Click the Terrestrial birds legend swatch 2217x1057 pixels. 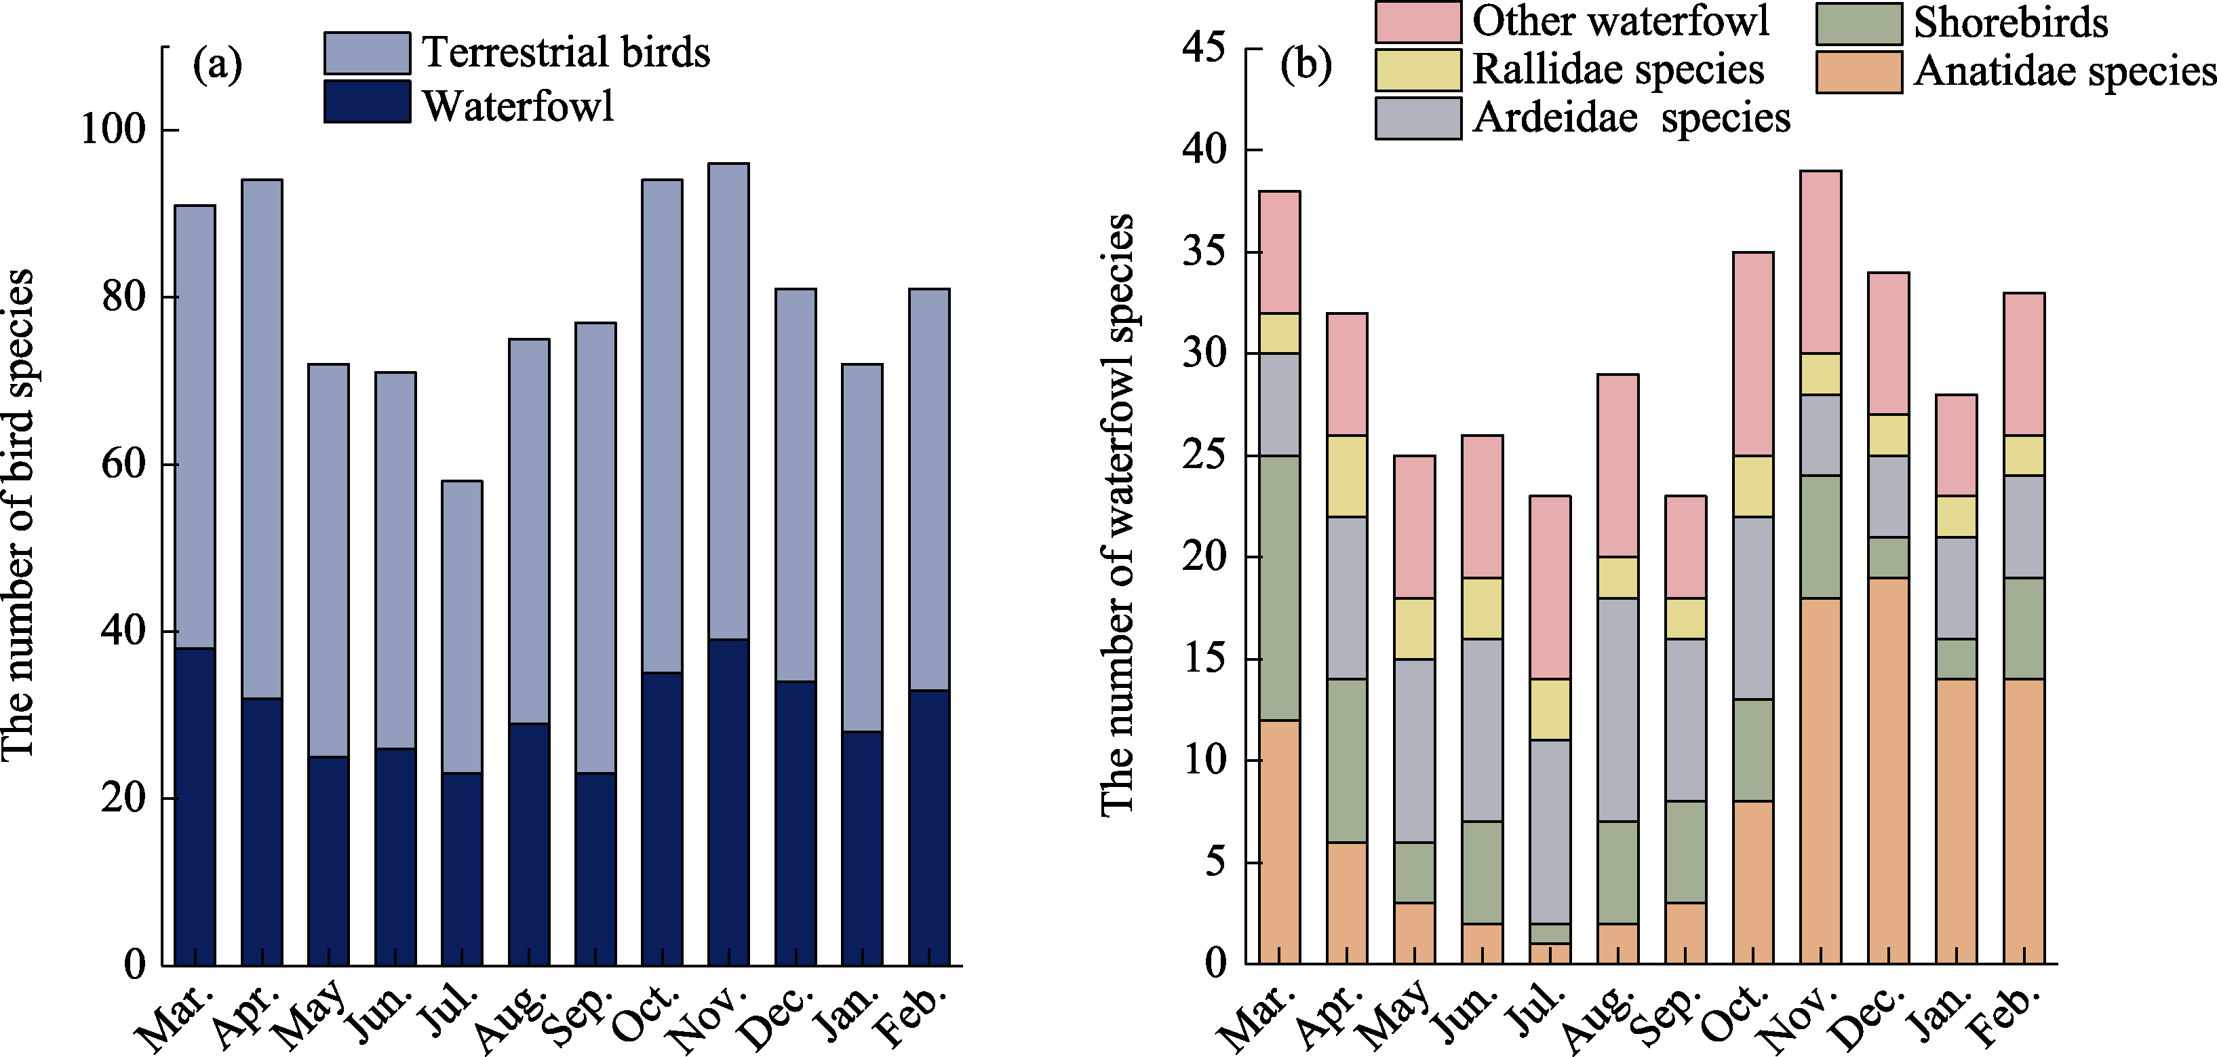[x=367, y=54]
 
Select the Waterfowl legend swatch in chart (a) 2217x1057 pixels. [x=367, y=102]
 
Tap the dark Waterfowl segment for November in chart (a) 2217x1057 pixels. [x=728, y=801]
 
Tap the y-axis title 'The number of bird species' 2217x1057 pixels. [x=19, y=514]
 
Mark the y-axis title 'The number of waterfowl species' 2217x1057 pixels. [x=1118, y=514]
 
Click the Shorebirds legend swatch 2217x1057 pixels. [x=1859, y=24]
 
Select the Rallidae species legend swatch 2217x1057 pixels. [x=1417, y=70]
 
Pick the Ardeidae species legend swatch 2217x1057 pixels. [x=1417, y=118]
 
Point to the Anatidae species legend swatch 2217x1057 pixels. [x=1859, y=73]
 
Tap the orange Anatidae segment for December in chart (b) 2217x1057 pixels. [x=1888, y=771]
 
